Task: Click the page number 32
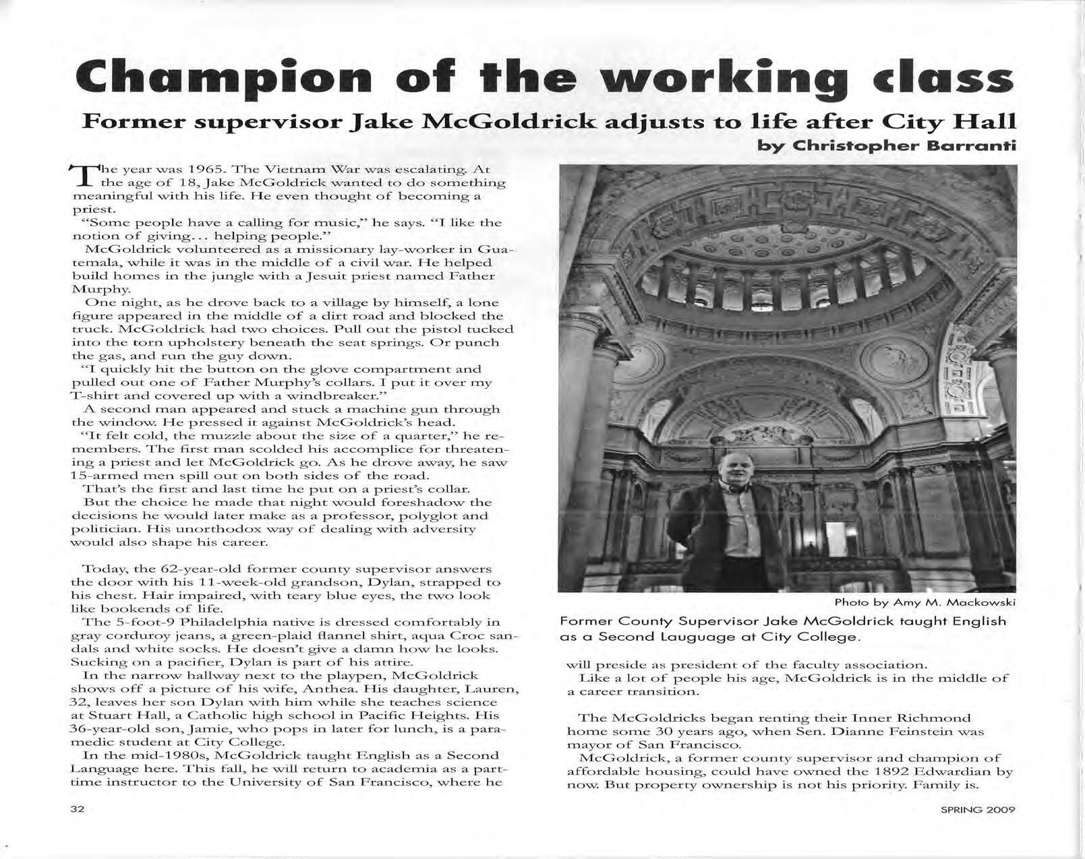(78, 809)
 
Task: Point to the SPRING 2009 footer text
(978, 810)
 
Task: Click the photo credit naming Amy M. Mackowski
(925, 602)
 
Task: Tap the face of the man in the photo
(734, 472)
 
